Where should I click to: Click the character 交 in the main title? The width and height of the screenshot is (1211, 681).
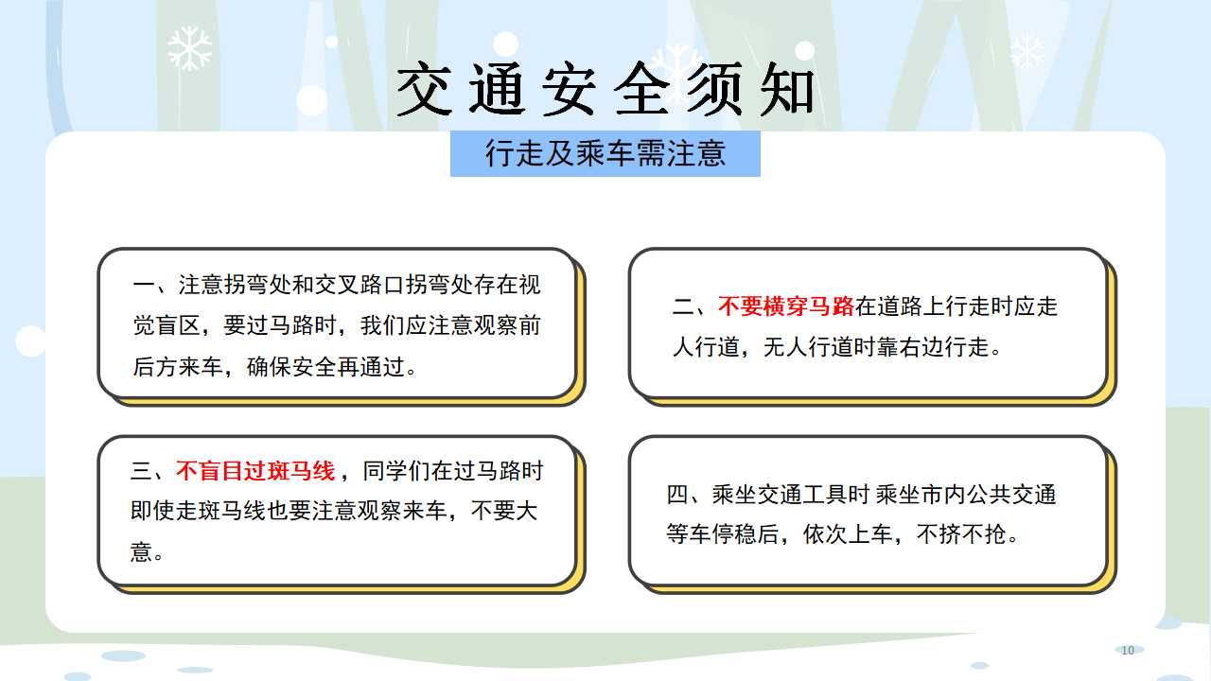point(424,89)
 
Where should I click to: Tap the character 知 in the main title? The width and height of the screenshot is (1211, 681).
point(787,89)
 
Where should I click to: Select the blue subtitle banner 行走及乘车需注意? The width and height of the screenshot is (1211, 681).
point(605,153)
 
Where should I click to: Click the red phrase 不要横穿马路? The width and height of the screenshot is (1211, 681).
point(786,306)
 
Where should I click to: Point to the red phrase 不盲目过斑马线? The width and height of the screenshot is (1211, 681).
point(255,471)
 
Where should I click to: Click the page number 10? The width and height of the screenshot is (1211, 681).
point(1127,650)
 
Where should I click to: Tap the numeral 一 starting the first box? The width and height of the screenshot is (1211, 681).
point(144,285)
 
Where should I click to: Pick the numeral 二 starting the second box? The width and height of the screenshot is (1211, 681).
point(683,306)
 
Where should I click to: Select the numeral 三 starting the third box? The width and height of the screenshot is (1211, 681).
point(142,471)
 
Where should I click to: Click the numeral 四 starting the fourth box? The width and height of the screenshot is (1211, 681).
point(677,495)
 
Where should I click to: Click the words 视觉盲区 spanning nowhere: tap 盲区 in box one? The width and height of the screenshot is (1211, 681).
point(178,326)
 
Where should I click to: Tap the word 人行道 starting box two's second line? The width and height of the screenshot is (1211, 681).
point(706,347)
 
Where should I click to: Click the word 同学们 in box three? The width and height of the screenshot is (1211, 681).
point(396,471)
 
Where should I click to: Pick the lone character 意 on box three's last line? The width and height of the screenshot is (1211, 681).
point(141,551)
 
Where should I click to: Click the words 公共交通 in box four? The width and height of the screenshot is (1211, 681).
point(1011,495)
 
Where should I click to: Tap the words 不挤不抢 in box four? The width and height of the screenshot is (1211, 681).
point(961,534)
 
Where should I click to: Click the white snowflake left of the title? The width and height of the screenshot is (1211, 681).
point(189,48)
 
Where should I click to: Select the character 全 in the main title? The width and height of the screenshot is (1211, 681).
point(641,89)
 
